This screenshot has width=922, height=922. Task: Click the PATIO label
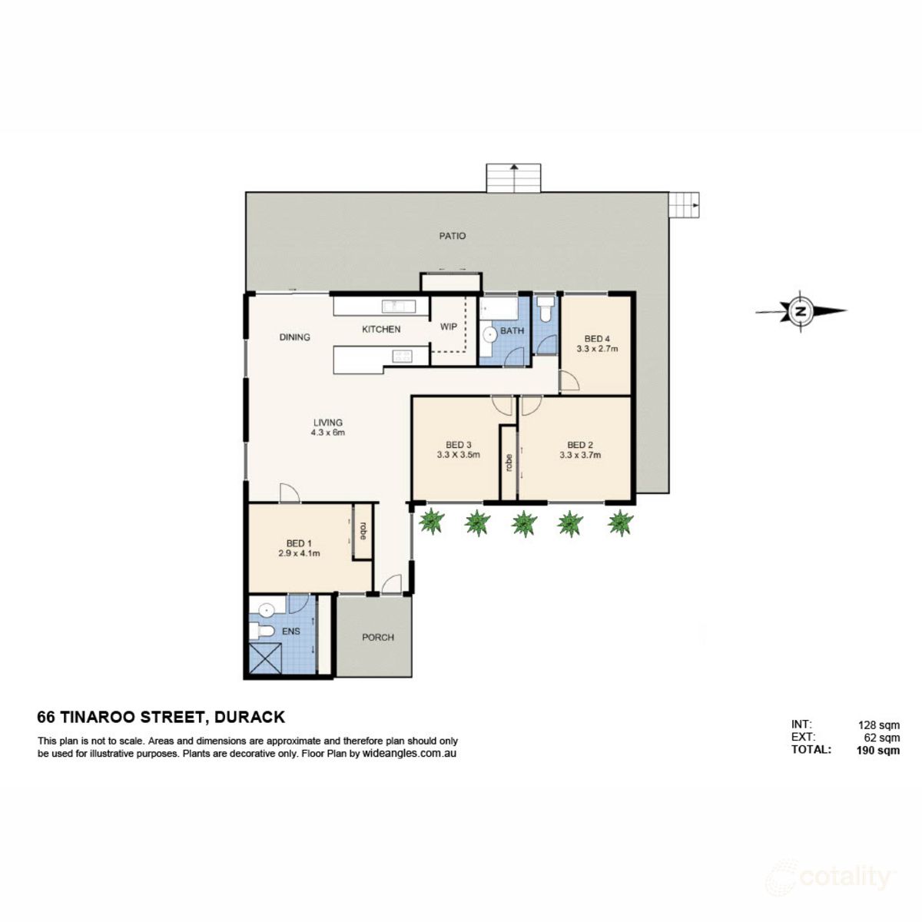pos(453,236)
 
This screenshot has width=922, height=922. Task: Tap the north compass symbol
pos(801,311)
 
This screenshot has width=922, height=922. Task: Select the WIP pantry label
pos(449,327)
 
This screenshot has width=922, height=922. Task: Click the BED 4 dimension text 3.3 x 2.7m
pos(597,349)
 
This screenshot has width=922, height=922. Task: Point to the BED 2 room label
pos(580,444)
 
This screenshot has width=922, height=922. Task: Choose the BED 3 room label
pos(459,444)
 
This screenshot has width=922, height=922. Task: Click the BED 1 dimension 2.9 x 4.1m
pos(299,552)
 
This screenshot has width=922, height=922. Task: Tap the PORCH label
pos(377,637)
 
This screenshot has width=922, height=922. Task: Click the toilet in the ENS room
pos(262,632)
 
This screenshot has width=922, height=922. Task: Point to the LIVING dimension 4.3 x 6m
pos(328,433)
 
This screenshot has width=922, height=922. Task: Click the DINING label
pos(294,337)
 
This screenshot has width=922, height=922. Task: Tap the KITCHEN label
pos(381,330)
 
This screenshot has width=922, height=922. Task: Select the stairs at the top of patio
pos(514,177)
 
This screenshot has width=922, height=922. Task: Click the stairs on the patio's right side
pos(684,205)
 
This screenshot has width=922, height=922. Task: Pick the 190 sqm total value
pos(878,751)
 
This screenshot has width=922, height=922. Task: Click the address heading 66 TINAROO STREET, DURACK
pos(161,718)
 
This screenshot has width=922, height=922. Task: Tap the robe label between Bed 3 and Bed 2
pos(509,462)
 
